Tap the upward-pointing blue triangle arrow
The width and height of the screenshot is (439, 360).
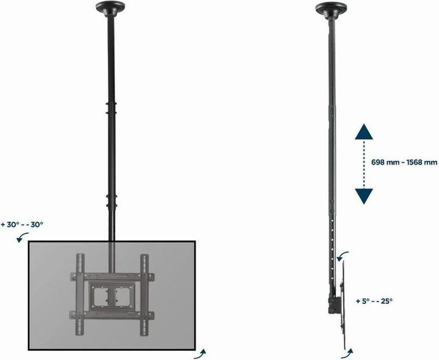click(x=364, y=132)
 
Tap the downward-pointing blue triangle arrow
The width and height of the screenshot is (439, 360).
click(x=364, y=195)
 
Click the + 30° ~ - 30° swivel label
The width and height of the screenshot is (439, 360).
click(x=23, y=225)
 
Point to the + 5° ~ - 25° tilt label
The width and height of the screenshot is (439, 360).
click(x=374, y=300)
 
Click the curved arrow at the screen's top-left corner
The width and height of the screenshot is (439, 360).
click(x=21, y=239)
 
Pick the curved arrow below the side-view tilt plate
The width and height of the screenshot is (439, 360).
click(x=347, y=353)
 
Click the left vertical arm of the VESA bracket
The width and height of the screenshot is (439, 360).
click(x=78, y=286)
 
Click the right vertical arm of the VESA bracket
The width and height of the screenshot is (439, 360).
click(x=144, y=286)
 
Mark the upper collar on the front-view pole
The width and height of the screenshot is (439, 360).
click(x=110, y=113)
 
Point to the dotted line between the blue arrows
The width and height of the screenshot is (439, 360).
click(x=364, y=164)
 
